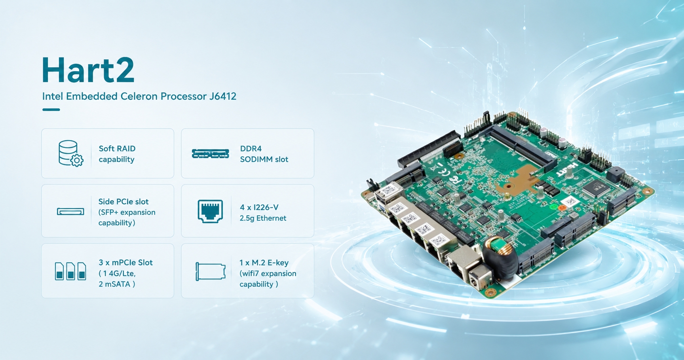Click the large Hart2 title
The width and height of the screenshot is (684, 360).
(x=88, y=70)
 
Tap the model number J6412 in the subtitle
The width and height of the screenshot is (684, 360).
(x=223, y=96)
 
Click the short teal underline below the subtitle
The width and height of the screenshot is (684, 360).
(x=51, y=110)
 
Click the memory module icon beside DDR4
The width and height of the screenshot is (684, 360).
(x=210, y=153)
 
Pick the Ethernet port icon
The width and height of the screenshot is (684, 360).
(x=210, y=211)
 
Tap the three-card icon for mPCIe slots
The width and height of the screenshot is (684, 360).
(x=70, y=271)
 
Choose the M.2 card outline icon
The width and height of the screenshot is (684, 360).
(x=211, y=271)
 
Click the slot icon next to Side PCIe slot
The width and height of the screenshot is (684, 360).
(x=70, y=212)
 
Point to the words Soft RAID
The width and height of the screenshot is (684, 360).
(x=117, y=149)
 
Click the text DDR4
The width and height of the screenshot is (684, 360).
(x=251, y=149)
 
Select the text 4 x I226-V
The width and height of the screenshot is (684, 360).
(x=259, y=207)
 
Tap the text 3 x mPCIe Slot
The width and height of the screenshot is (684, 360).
(x=125, y=263)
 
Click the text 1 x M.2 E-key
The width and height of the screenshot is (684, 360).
(x=264, y=263)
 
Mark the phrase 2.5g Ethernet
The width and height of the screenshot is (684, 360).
(x=263, y=218)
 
